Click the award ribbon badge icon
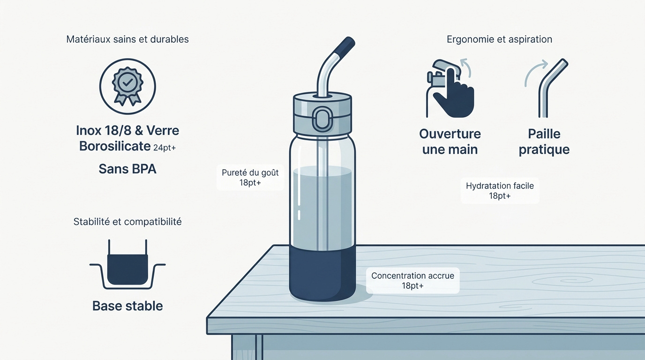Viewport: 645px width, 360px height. pyautogui.click(x=127, y=86)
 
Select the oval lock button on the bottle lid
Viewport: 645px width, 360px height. pyautogui.click(x=322, y=119)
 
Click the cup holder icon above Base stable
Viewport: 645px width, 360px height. pyautogui.click(x=127, y=264)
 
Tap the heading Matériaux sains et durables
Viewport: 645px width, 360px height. pyautogui.click(x=127, y=39)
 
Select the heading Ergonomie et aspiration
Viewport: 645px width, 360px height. pyautogui.click(x=499, y=39)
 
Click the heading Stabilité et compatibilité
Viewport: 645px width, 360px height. pyautogui.click(x=127, y=222)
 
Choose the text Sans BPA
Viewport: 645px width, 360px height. pyautogui.click(x=127, y=169)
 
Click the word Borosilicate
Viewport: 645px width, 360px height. pyautogui.click(x=115, y=146)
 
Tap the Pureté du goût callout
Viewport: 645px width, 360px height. pyautogui.click(x=250, y=177)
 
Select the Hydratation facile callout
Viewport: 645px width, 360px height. pyautogui.click(x=500, y=191)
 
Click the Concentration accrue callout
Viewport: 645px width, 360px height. pyautogui.click(x=412, y=280)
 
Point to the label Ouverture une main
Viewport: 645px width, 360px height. pyautogui.click(x=450, y=142)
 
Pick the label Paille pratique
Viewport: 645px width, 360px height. pyautogui.click(x=544, y=142)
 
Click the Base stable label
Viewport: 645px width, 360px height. pyautogui.click(x=127, y=306)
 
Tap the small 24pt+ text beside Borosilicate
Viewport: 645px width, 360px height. pyautogui.click(x=165, y=148)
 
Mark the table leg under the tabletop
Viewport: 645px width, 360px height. pyautogui.click(x=247, y=347)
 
